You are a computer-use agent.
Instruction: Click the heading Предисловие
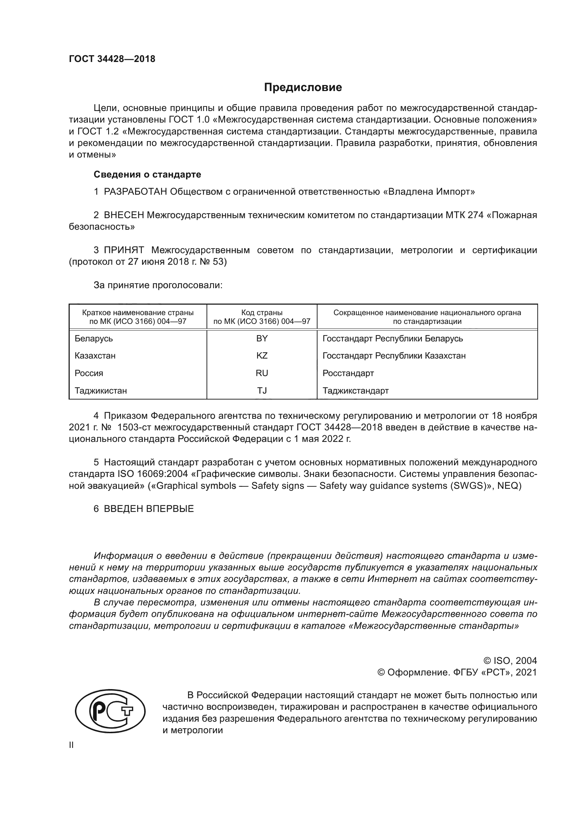(303, 88)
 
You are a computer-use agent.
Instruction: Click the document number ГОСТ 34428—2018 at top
(112, 59)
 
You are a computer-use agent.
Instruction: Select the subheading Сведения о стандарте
(147, 174)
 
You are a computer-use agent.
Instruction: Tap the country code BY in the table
(262, 339)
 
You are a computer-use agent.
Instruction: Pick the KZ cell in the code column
(262, 356)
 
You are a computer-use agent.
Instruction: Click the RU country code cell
(262, 373)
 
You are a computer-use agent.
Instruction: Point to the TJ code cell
(262, 391)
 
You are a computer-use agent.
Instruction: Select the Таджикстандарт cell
(355, 391)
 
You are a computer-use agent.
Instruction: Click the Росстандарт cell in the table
(348, 373)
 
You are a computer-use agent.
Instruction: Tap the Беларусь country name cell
(94, 339)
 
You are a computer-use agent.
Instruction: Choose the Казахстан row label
(95, 356)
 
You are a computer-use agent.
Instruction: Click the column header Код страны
(262, 313)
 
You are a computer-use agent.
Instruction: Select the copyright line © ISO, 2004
(510, 661)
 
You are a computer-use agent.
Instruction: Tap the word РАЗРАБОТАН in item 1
(135, 192)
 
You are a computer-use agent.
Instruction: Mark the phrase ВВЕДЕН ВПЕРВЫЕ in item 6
(149, 509)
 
